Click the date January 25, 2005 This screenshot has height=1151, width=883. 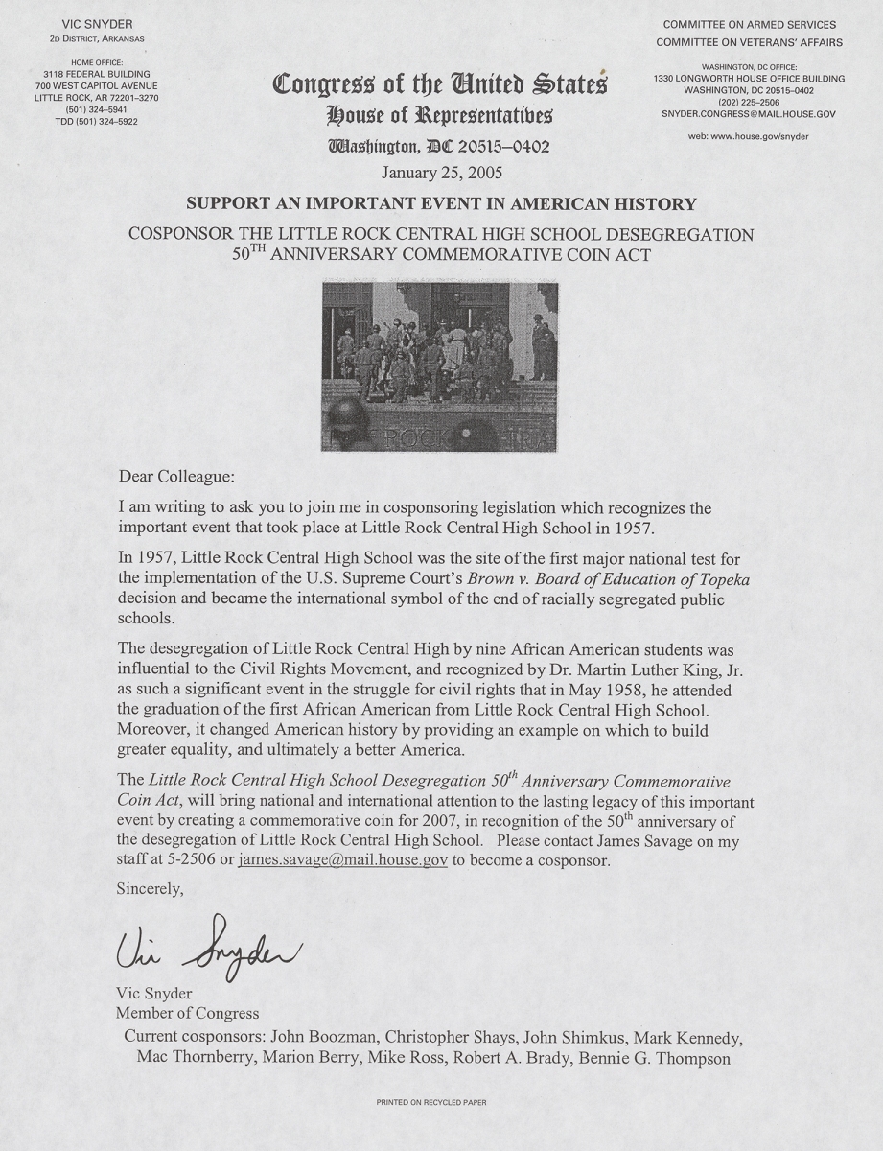(x=440, y=175)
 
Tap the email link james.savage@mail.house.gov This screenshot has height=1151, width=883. (x=342, y=860)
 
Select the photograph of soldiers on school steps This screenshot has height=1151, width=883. (x=440, y=365)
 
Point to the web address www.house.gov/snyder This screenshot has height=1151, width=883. (x=748, y=136)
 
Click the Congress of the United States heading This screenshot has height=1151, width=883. (x=440, y=86)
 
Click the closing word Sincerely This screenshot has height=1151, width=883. (x=150, y=888)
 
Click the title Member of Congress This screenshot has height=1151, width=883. (x=187, y=1013)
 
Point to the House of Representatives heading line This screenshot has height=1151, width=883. (x=440, y=117)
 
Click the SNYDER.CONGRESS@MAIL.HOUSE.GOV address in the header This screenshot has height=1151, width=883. (x=748, y=112)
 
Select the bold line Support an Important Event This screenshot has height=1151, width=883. (x=440, y=204)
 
